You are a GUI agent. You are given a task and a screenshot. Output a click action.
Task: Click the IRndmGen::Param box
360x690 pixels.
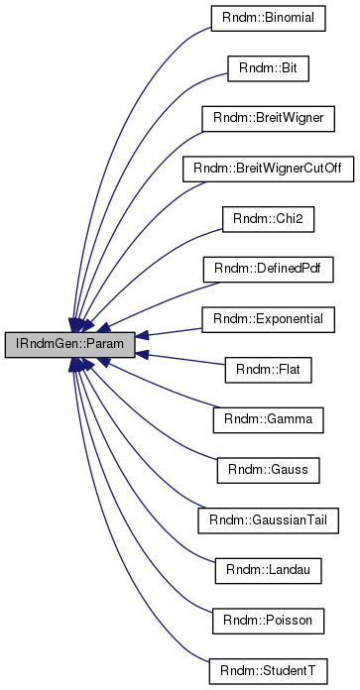point(55,345)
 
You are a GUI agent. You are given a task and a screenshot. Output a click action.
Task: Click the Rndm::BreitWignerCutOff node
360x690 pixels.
point(269,170)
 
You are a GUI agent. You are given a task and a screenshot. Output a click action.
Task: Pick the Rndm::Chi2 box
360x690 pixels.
point(269,219)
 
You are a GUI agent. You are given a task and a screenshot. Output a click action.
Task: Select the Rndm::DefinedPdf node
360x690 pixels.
point(269,270)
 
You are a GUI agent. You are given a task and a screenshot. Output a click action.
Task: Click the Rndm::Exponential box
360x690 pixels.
point(269,319)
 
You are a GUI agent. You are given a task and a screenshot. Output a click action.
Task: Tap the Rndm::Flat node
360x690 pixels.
point(269,370)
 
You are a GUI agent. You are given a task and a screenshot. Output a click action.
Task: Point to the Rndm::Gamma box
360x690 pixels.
point(269,419)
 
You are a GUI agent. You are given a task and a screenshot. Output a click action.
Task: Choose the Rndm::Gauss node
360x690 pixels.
point(269,470)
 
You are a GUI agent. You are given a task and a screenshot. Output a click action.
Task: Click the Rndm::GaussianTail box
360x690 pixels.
point(269,519)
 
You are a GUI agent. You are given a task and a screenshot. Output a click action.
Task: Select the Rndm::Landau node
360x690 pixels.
point(269,570)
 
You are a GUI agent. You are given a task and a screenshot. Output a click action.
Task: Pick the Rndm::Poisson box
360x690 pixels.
point(269,620)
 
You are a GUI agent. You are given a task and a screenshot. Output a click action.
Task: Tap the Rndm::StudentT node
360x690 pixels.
point(269,670)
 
